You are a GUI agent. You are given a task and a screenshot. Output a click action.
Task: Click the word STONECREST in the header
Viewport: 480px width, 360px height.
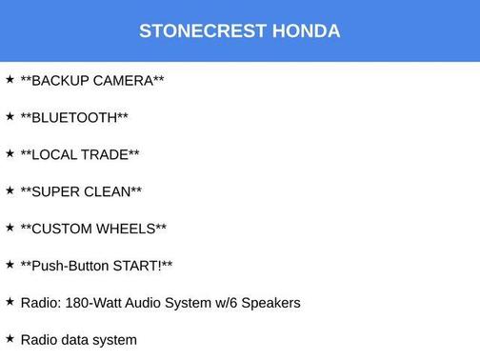pyautogui.click(x=202, y=30)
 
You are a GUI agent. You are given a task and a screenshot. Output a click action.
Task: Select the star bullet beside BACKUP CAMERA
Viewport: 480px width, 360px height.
pyautogui.click(x=10, y=79)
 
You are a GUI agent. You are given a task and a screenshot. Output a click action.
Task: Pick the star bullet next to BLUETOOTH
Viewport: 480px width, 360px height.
pyautogui.click(x=10, y=116)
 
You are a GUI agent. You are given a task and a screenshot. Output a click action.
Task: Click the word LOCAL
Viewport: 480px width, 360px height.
pyautogui.click(x=56, y=155)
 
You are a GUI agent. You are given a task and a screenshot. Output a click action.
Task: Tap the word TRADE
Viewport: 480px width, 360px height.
pyautogui.click(x=107, y=155)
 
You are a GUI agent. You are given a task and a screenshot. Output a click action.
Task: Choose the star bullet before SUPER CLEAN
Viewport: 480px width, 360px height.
pyautogui.click(x=10, y=190)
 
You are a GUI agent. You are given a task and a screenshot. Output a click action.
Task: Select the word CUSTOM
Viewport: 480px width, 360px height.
pyautogui.click(x=64, y=230)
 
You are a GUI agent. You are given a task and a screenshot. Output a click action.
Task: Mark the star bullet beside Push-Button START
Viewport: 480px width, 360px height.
pyautogui.click(x=10, y=264)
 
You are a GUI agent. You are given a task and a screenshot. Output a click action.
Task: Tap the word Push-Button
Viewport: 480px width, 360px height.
pyautogui.click(x=70, y=266)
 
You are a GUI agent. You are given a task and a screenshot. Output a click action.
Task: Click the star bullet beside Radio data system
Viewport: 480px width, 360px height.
pyautogui.click(x=10, y=338)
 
